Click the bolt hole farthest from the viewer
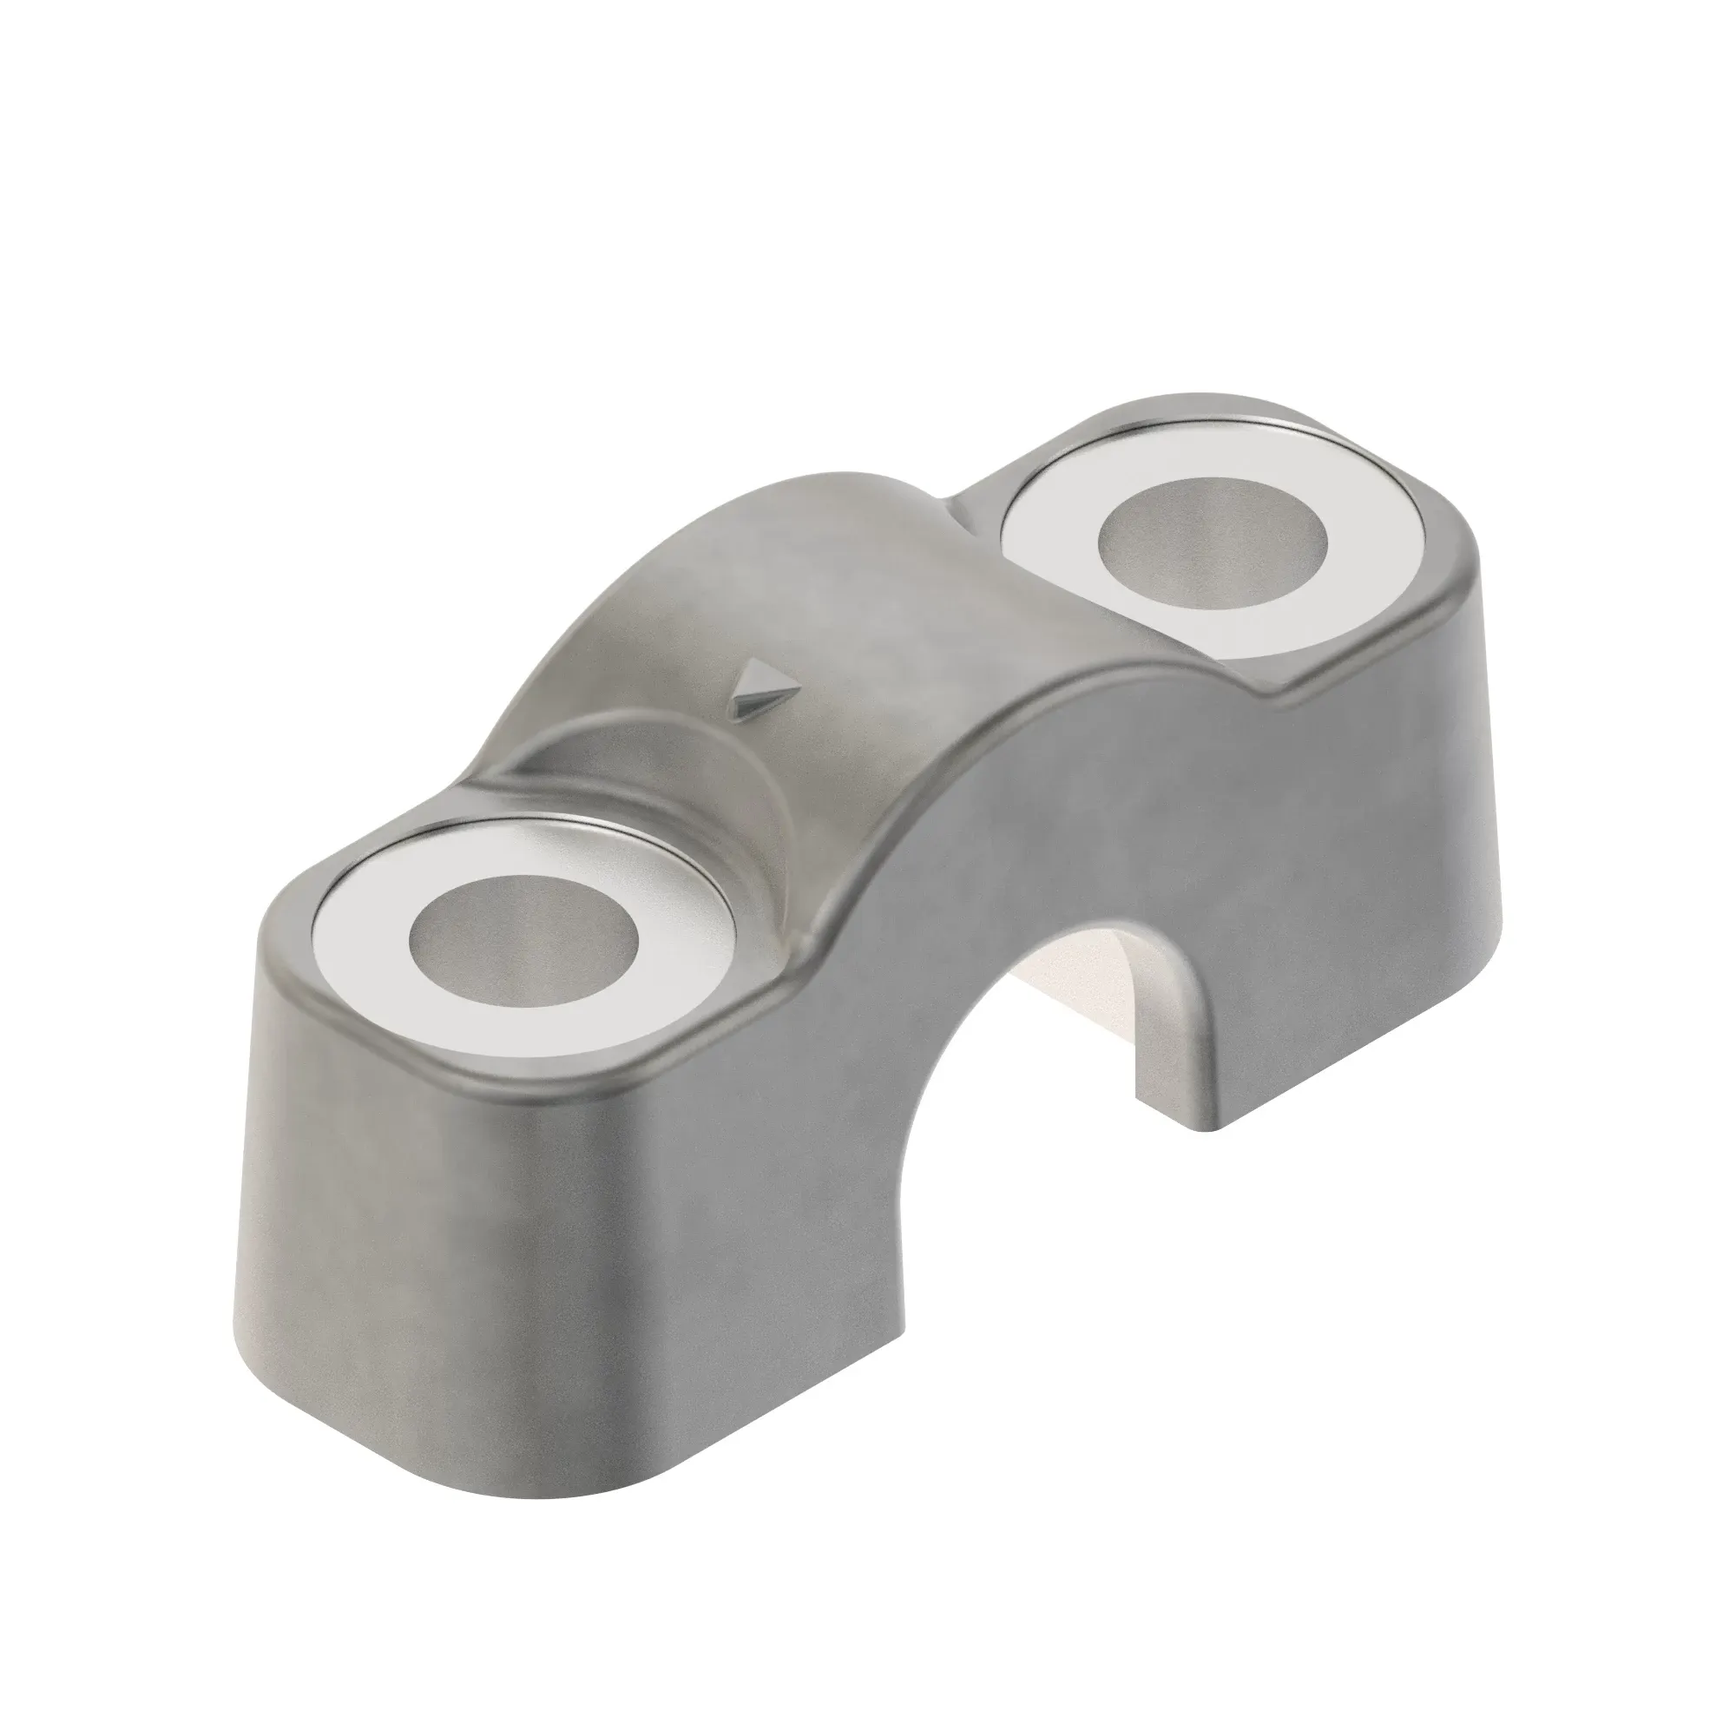point(1212,545)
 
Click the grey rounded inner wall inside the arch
point(1168,1033)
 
